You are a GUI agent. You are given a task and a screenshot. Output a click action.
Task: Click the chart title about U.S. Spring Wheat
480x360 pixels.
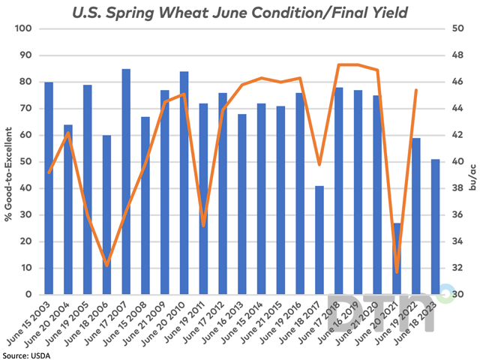(240, 13)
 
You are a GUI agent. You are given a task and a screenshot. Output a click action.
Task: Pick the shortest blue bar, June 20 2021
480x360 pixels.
(397, 258)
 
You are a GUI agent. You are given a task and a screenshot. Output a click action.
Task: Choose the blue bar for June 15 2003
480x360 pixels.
(49, 187)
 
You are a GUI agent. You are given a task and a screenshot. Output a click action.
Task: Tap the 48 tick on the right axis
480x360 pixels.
(455, 55)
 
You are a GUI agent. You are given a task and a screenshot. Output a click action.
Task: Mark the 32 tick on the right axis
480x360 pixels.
(455, 268)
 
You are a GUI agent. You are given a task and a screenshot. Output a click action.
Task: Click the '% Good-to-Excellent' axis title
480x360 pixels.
(8, 161)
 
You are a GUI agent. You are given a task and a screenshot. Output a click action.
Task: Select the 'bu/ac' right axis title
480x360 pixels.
(473, 161)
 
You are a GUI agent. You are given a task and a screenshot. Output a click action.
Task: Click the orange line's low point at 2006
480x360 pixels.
(106, 265)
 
